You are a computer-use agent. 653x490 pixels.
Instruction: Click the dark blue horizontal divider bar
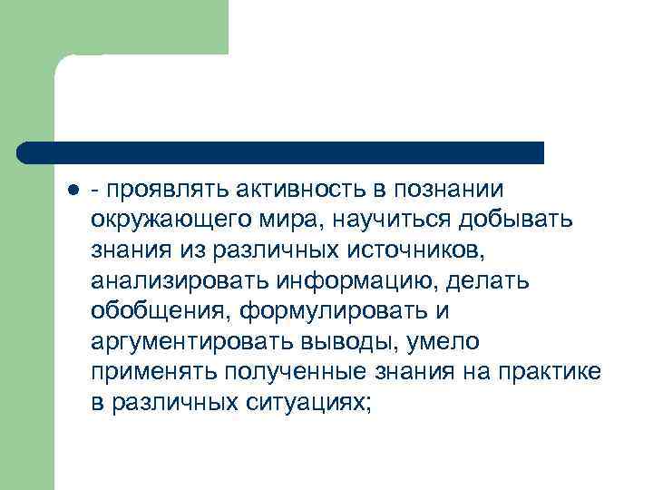[x=281, y=152]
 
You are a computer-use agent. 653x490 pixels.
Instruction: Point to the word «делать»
[x=494, y=281]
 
